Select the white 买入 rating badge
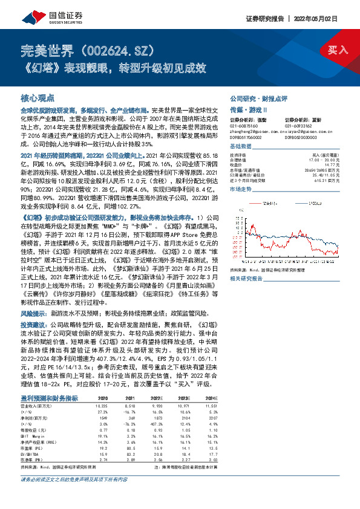tap(339, 50)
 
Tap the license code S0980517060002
tap(247, 138)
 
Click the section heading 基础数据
tap(241, 147)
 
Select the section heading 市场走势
tap(241, 190)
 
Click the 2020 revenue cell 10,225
tap(103, 389)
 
